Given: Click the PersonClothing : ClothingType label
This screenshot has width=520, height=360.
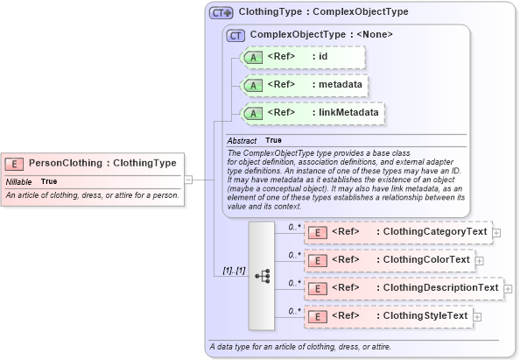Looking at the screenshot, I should [x=102, y=163].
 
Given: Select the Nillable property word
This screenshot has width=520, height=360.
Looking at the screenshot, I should [x=18, y=181].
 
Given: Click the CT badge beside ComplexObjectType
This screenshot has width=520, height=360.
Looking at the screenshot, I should [x=235, y=35].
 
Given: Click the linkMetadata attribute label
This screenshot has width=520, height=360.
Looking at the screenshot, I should [x=348, y=113].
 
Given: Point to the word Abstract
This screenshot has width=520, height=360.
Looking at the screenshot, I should [x=242, y=140].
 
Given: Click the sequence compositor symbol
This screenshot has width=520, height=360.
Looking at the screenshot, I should [x=262, y=275].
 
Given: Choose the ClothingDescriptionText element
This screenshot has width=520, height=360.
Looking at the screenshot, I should [x=402, y=288].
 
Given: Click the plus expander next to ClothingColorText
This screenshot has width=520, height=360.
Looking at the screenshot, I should [x=479, y=260].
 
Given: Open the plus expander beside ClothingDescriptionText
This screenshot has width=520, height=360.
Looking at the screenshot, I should [x=508, y=288].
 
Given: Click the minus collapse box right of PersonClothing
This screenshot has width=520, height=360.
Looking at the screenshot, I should [x=188, y=180].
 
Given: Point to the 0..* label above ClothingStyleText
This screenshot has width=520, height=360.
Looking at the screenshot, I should [x=295, y=310].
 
